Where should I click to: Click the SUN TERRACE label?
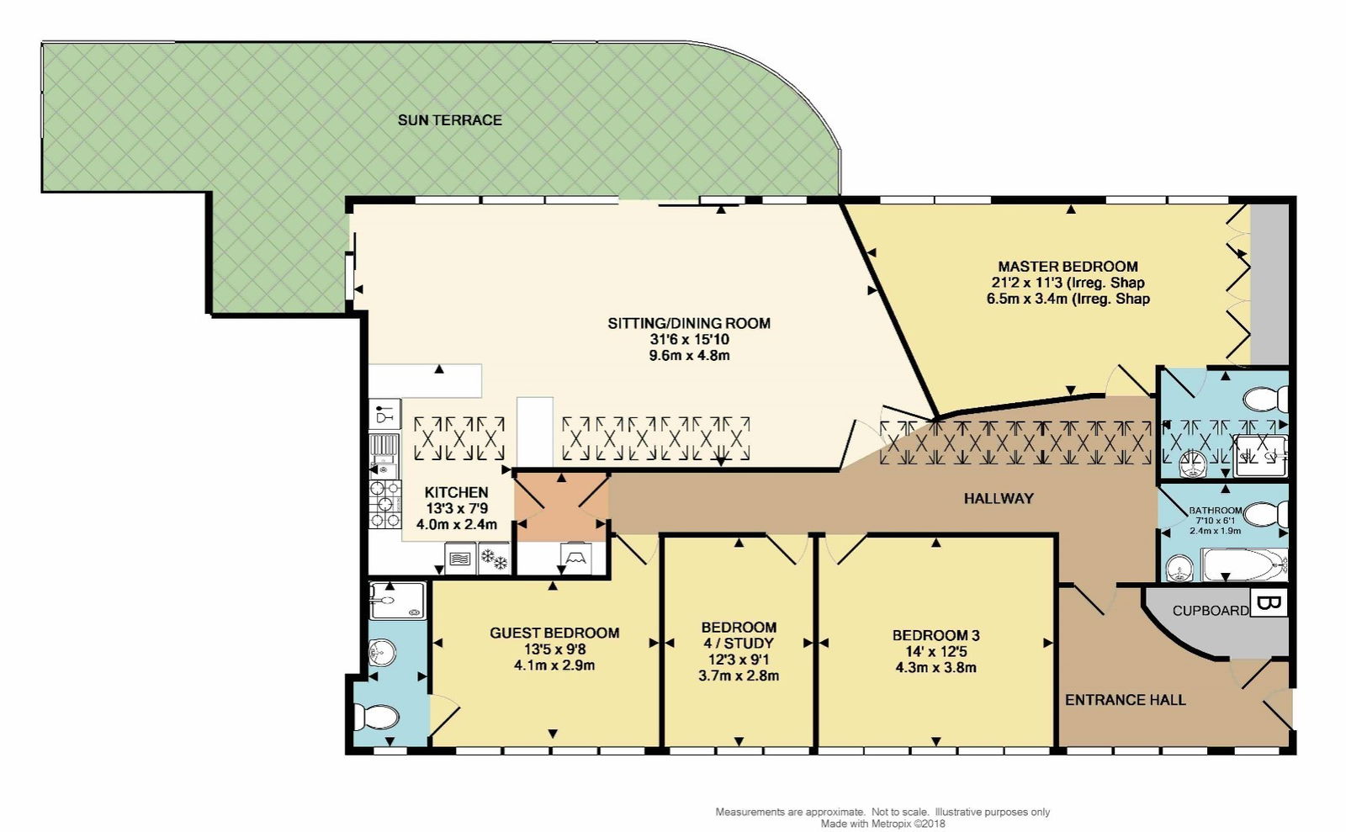click(x=449, y=120)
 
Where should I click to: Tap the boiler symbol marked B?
click(x=1268, y=602)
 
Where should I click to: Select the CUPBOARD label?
click(x=1211, y=611)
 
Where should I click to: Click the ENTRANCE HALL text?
click(x=1125, y=700)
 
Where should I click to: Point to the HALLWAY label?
click(x=999, y=499)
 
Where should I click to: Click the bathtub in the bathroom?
click(x=1243, y=564)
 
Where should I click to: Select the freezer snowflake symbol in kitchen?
click(x=494, y=559)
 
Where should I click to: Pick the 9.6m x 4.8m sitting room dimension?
click(x=689, y=356)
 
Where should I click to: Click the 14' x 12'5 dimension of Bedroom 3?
click(x=935, y=652)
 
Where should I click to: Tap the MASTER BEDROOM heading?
click(x=1068, y=267)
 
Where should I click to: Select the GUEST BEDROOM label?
click(x=554, y=633)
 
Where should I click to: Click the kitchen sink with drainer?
click(x=384, y=455)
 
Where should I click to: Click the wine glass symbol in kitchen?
click(x=384, y=414)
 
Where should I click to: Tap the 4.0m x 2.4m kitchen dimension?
click(x=457, y=524)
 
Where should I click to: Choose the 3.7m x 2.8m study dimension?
click(x=739, y=676)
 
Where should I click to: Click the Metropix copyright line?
click(x=882, y=824)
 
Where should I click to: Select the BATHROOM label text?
click(x=1215, y=511)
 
